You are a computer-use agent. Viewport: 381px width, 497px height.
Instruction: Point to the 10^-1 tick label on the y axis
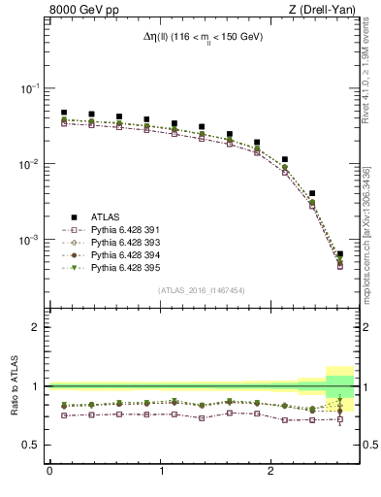click(31, 88)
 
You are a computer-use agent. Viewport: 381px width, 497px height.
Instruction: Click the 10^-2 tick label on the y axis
click(31, 164)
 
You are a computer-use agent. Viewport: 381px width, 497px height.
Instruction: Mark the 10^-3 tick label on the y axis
click(31, 240)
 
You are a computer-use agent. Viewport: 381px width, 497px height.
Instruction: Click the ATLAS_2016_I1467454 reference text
click(202, 289)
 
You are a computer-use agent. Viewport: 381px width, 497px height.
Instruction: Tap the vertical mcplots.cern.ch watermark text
click(367, 223)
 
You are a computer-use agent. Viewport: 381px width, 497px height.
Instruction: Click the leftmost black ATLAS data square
click(64, 113)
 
